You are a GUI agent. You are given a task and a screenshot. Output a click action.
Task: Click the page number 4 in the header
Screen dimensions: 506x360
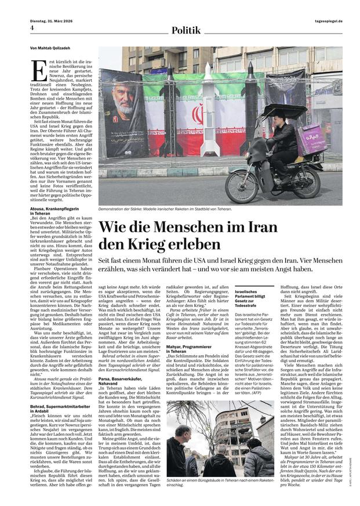[x=32, y=27]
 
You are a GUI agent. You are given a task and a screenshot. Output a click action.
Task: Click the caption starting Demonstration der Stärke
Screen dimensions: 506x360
[x=165, y=209]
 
